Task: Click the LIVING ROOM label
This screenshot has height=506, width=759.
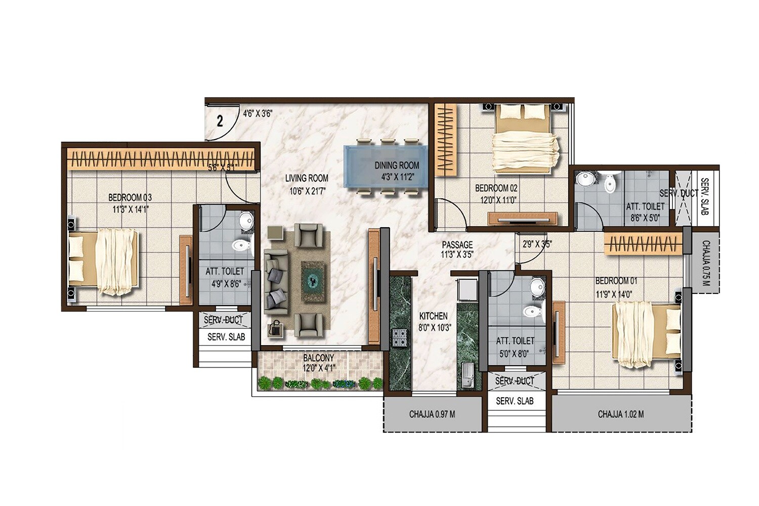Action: click(306, 178)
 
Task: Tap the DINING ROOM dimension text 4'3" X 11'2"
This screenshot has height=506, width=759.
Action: click(397, 177)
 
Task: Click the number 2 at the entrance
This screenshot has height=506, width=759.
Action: click(220, 121)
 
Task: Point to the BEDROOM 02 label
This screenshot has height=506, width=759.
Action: click(496, 188)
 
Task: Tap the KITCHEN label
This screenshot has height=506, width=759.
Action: click(433, 316)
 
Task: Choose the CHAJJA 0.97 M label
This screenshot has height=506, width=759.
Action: click(432, 414)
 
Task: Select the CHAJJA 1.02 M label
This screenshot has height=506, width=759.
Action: click(620, 414)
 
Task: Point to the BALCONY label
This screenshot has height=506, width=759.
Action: click(318, 358)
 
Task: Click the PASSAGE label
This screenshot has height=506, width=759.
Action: click(457, 245)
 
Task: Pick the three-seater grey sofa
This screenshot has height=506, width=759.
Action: click(276, 286)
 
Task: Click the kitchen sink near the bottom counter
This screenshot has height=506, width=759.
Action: click(467, 376)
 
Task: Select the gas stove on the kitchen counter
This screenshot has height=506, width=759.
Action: click(399, 338)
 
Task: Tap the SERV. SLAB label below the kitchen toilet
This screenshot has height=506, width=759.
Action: click(514, 401)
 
